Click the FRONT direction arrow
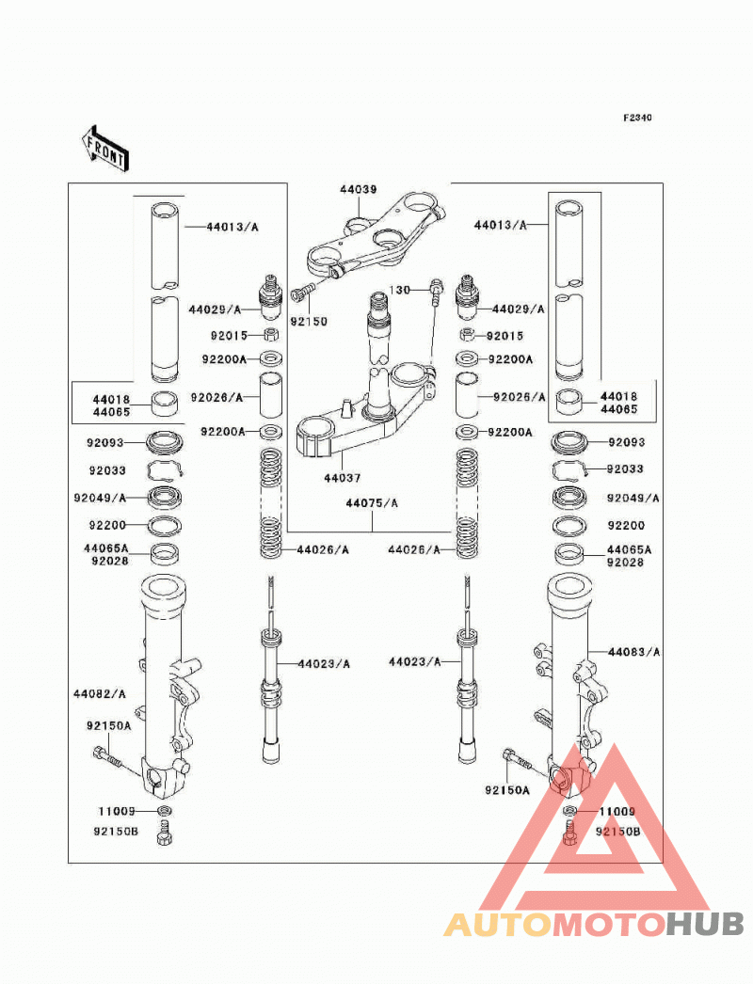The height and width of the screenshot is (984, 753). pyautogui.click(x=104, y=150)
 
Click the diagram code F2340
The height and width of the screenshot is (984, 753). pyautogui.click(x=637, y=118)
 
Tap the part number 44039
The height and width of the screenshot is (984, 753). pyautogui.click(x=359, y=189)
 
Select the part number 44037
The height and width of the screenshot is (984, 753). pyautogui.click(x=343, y=478)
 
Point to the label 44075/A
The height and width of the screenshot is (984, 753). pyautogui.click(x=372, y=503)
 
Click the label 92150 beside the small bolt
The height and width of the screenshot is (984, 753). pyautogui.click(x=309, y=322)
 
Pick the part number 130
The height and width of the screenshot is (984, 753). pyautogui.click(x=399, y=290)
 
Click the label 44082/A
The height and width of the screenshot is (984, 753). pyautogui.click(x=100, y=694)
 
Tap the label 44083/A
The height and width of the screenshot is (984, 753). pyautogui.click(x=634, y=652)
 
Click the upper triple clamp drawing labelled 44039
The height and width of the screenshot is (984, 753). pyautogui.click(x=376, y=235)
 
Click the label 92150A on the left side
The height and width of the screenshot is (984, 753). pyautogui.click(x=109, y=726)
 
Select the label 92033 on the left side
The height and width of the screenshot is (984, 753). pyautogui.click(x=107, y=470)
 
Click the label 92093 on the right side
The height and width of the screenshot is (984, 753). pyautogui.click(x=627, y=442)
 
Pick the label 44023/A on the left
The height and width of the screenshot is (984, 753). pyautogui.click(x=324, y=664)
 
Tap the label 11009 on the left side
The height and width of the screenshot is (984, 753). pyautogui.click(x=117, y=812)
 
